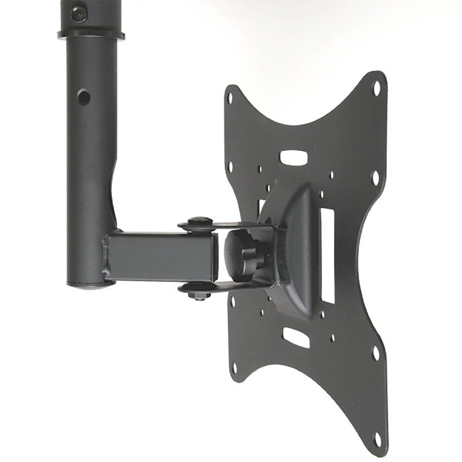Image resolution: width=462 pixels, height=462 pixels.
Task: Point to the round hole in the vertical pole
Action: [x=82, y=97]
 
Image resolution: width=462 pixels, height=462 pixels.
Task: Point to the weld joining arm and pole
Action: [x=106, y=254]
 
